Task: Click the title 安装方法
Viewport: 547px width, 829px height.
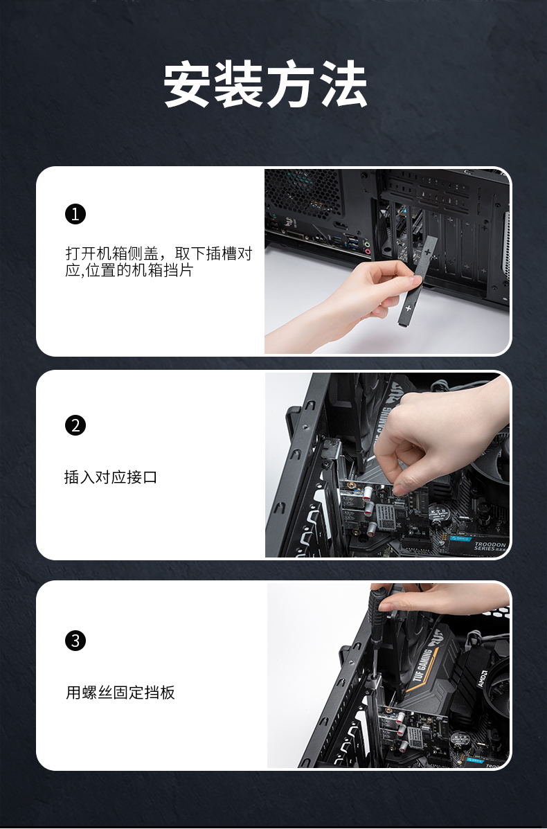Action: coord(265,84)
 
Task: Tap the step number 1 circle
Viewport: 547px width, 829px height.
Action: coord(75,214)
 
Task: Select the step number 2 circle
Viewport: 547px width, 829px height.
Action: coord(75,425)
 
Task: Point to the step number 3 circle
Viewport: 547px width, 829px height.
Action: coord(75,640)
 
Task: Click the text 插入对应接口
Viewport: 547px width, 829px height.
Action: coord(111,477)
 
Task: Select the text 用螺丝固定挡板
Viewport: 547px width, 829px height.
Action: coord(120,693)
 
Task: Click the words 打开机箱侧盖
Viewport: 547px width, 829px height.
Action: coord(111,253)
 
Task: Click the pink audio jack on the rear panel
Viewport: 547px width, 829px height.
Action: coord(368,251)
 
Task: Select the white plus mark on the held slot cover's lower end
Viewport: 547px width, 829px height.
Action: coord(408,307)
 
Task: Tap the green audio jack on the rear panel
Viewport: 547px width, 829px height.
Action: coord(368,244)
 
